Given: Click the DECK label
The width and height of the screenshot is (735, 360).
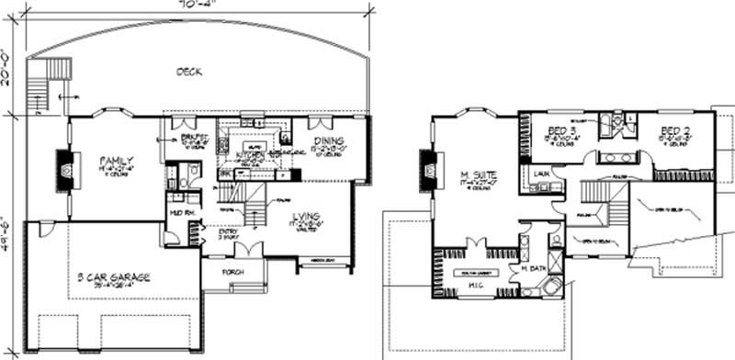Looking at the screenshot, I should point(189,72).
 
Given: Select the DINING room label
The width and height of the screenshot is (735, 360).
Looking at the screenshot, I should point(328,141).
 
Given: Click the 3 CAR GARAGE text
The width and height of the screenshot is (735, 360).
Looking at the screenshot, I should point(114,276).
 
